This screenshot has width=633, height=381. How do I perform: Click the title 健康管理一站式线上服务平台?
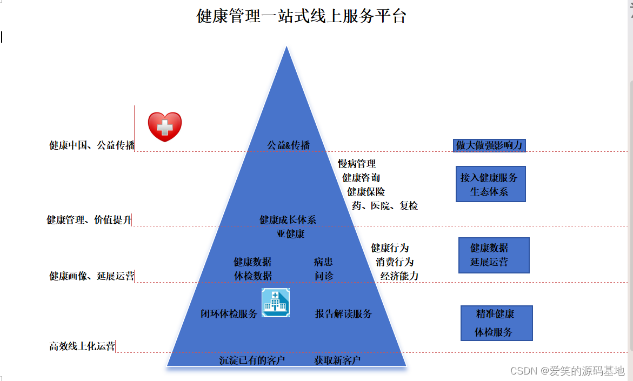pyautogui.click(x=301, y=16)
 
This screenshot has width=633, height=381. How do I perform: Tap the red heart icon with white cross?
pyautogui.click(x=165, y=127)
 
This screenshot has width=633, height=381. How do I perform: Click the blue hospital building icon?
pyautogui.click(x=276, y=302)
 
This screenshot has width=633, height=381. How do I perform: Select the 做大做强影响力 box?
pyautogui.click(x=489, y=145)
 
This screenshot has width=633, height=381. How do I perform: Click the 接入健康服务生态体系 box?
pyautogui.click(x=490, y=184)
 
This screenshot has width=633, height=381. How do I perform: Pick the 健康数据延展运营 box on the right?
pyautogui.click(x=494, y=255)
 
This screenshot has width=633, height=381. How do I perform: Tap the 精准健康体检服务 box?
pyautogui.click(x=496, y=323)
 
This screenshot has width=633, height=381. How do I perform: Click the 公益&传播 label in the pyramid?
pyautogui.click(x=289, y=145)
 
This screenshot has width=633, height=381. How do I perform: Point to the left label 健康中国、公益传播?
pyautogui.click(x=92, y=145)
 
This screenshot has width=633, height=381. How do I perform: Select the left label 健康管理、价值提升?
pyautogui.click(x=89, y=220)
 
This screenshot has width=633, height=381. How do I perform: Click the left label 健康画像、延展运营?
pyautogui.click(x=92, y=276)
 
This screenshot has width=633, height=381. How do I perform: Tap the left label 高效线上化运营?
pyautogui.click(x=82, y=346)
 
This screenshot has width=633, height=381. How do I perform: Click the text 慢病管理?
pyautogui.click(x=357, y=163)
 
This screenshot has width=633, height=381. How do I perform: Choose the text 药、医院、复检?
pyautogui.click(x=385, y=205)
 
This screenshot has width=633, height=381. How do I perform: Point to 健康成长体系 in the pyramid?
pyautogui.click(x=288, y=220)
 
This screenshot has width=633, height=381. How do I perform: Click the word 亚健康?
pyautogui.click(x=291, y=234)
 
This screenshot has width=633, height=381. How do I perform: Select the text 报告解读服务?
pyautogui.click(x=343, y=313)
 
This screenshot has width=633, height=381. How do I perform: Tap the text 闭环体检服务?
pyautogui.click(x=229, y=313)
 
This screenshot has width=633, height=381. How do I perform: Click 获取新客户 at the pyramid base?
pyautogui.click(x=337, y=360)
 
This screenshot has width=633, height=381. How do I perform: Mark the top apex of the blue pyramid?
pyautogui.click(x=286, y=48)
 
